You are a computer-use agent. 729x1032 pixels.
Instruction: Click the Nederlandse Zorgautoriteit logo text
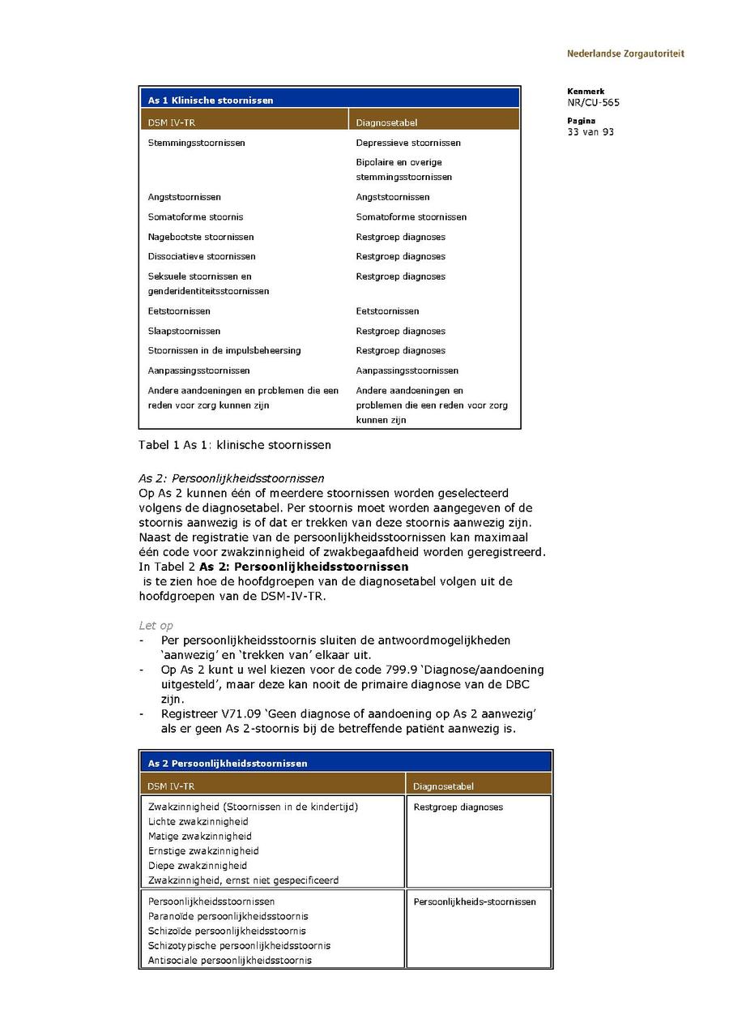(x=625, y=54)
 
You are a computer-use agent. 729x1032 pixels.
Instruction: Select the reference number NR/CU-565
(x=594, y=103)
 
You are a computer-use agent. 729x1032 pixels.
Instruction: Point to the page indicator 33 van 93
(x=590, y=132)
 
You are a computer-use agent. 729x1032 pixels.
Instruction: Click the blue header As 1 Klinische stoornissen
(x=211, y=101)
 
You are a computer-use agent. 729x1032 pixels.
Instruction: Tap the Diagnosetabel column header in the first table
(x=386, y=123)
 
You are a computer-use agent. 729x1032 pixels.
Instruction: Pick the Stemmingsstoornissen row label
(x=196, y=143)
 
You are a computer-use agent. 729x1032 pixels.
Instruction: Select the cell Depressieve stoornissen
(x=408, y=143)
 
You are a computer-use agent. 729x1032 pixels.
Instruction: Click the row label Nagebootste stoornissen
(x=201, y=237)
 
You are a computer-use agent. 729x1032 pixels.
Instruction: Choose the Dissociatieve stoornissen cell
(x=202, y=256)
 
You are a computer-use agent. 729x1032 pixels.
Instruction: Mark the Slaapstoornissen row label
(x=184, y=331)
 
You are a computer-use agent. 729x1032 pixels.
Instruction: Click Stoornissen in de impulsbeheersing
(x=224, y=350)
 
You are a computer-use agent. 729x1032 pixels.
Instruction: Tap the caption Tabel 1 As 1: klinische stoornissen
(x=235, y=445)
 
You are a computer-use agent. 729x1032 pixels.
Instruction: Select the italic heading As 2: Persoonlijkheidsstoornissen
(x=232, y=478)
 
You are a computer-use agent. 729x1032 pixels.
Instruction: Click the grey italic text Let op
(x=156, y=626)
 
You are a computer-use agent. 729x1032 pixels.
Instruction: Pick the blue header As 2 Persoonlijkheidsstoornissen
(x=228, y=763)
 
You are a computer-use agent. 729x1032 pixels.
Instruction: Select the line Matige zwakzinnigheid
(x=200, y=836)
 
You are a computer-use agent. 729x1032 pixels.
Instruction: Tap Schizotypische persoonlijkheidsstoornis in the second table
(x=239, y=945)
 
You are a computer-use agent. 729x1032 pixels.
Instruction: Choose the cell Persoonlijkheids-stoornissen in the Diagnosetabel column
(x=475, y=901)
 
